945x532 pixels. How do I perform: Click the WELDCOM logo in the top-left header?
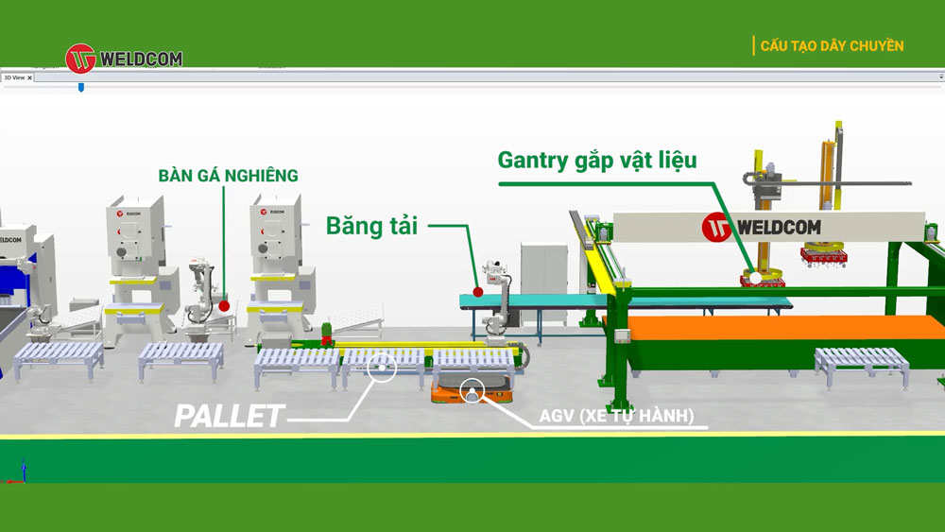coord(124,59)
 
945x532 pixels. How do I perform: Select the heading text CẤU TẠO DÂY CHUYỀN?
coord(832,45)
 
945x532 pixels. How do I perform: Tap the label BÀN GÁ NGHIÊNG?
coord(228,175)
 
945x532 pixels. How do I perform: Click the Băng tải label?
coord(371,226)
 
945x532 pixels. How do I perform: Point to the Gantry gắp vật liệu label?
coord(597,160)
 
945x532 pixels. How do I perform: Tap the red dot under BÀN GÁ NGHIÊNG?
coord(224,305)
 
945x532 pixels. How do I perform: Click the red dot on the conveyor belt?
coord(478,292)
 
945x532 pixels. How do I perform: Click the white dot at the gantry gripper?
coord(756,278)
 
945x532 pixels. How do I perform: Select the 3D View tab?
coord(17,77)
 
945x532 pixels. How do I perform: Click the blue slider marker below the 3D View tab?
coord(81,87)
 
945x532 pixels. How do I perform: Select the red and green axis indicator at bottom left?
coord(21,473)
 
